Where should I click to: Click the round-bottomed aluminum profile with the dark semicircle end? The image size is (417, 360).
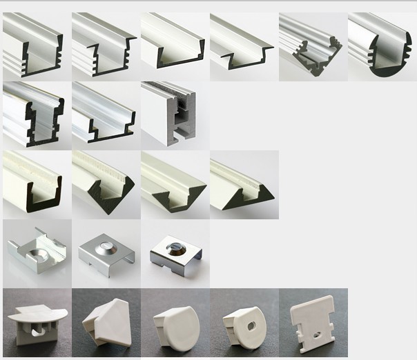point(382,45)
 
